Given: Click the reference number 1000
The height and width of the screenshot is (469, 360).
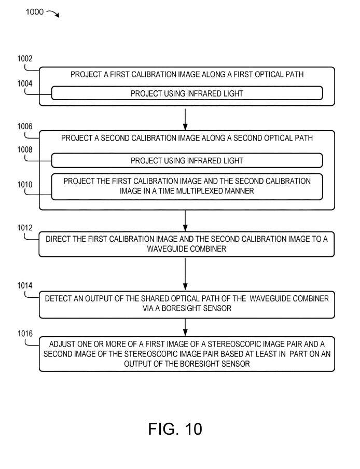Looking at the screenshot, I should point(34,12).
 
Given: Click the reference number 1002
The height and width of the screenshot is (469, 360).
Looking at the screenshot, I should point(24,59).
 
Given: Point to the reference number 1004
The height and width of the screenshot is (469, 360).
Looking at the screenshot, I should point(24,83).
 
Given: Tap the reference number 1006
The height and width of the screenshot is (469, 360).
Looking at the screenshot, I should point(24,126).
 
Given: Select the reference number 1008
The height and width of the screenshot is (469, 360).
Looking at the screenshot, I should point(24,150).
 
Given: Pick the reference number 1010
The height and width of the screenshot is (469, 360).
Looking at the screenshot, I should point(24,185).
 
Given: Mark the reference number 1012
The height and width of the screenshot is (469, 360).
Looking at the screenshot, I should point(24,228).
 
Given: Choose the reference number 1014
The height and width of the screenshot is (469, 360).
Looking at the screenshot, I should point(24,286).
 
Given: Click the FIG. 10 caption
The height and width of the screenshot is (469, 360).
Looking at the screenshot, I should point(175,429).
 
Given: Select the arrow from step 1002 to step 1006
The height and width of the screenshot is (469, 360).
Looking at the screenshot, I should point(185,118).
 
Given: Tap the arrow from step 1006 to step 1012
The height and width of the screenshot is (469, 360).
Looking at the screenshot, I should point(185,221).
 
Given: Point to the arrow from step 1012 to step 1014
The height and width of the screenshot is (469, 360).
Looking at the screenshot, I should point(185,274).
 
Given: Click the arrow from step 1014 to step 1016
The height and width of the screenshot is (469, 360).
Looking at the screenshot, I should point(185,327).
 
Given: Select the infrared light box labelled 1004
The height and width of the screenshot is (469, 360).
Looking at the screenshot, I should point(187,93).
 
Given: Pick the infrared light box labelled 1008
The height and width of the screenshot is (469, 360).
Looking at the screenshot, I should point(187,161).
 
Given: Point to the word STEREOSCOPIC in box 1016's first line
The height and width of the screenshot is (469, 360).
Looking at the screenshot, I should point(243,344).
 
